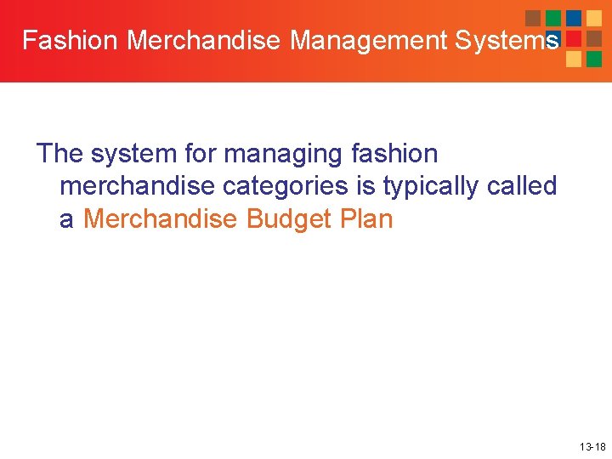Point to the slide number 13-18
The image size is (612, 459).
tap(592, 446)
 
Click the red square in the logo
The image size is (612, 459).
tap(574, 38)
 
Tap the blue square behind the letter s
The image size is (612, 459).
tap(553, 38)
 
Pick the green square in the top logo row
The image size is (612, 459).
tap(553, 18)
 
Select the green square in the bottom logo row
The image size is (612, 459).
tap(594, 59)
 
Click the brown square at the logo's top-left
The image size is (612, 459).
tap(533, 18)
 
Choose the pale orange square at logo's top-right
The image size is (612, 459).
tap(594, 18)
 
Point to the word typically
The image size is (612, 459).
tap(431, 187)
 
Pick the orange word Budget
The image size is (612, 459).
tap(285, 219)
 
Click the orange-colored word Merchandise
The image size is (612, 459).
tap(161, 218)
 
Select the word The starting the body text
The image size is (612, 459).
tap(60, 154)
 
